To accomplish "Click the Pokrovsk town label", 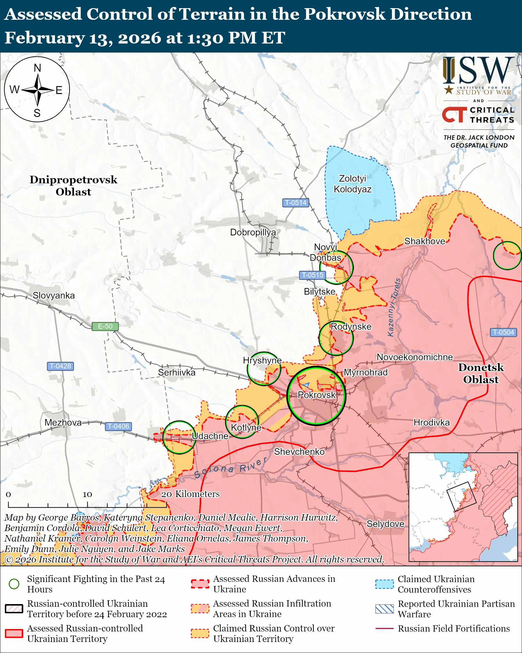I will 316,395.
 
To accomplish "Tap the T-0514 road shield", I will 295,202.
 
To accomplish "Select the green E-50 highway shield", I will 105,326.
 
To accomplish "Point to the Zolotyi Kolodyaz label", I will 352,184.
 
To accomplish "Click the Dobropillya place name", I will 253,232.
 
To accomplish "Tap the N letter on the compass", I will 37,68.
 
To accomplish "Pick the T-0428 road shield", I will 60,366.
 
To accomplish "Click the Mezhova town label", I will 63,423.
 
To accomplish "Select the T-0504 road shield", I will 503,332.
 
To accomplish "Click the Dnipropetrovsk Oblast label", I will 73,186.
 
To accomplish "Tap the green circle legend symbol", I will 14,584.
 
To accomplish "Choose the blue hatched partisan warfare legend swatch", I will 384,609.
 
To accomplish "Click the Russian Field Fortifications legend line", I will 384,629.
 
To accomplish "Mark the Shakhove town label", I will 425,241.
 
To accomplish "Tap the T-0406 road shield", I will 118,426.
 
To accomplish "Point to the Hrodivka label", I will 432,423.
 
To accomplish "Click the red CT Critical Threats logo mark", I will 454,115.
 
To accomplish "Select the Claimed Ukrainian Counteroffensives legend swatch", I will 384,584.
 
